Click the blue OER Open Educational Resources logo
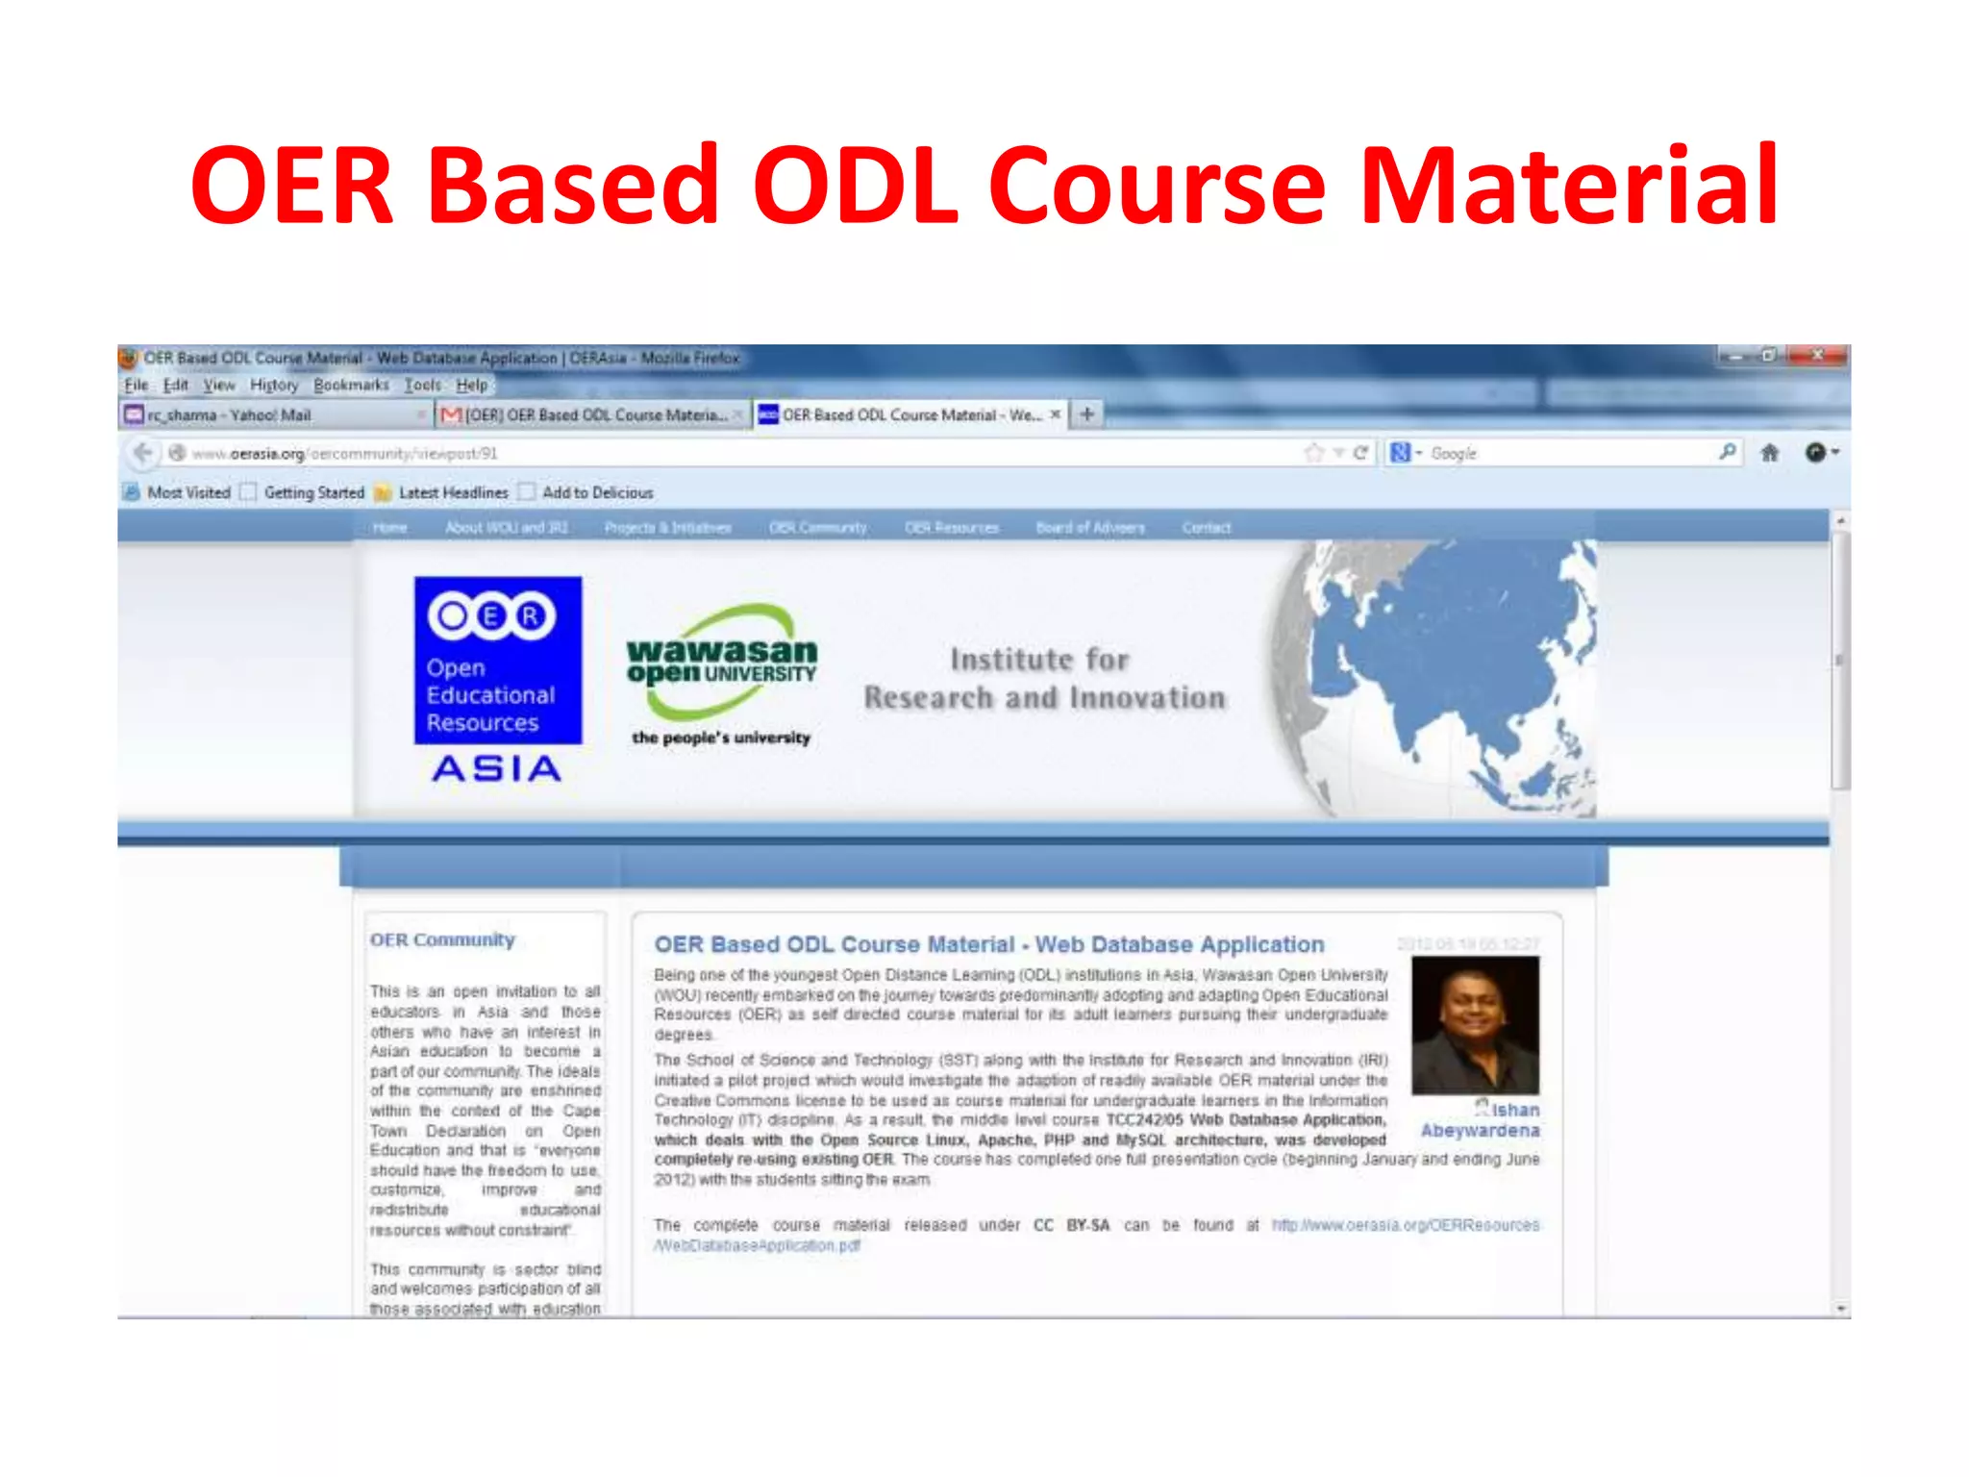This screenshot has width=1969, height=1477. (497, 660)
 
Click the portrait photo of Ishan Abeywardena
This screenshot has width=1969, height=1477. (1475, 1025)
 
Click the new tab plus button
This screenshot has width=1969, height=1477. (1087, 414)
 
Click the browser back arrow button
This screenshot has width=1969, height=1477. (142, 453)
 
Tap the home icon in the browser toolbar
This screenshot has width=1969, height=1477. (1769, 453)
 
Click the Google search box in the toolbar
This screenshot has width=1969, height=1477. (1567, 453)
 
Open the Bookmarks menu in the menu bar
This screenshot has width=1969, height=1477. (351, 385)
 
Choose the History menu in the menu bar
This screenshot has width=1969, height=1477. (274, 385)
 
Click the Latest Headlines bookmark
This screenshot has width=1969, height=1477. (452, 492)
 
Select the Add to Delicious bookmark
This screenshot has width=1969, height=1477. (596, 492)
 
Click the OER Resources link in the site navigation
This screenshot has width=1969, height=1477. (951, 528)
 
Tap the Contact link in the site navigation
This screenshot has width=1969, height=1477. (1206, 528)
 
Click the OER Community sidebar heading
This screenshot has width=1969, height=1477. (442, 939)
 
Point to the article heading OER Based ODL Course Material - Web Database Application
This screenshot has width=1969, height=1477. (988, 944)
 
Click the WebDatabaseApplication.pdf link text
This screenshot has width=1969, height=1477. (758, 1245)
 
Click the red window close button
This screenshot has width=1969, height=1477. (1818, 356)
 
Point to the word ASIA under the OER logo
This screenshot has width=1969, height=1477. (496, 768)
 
